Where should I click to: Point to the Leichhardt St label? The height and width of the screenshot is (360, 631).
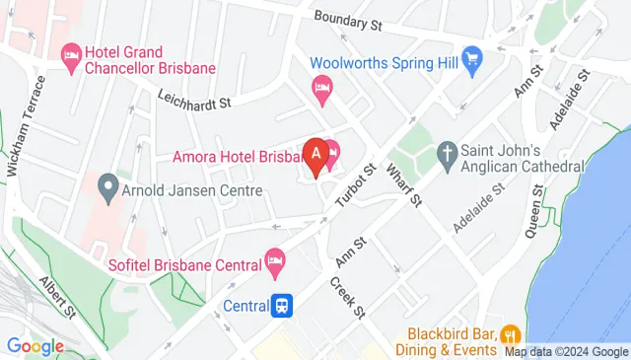[x=193, y=98]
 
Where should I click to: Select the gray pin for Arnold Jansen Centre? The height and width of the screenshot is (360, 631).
[x=106, y=184]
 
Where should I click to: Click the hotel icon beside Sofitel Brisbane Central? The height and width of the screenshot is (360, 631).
[x=275, y=261]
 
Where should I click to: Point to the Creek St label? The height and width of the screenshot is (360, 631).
[x=348, y=296]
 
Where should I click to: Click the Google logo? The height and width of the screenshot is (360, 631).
[x=35, y=346]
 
